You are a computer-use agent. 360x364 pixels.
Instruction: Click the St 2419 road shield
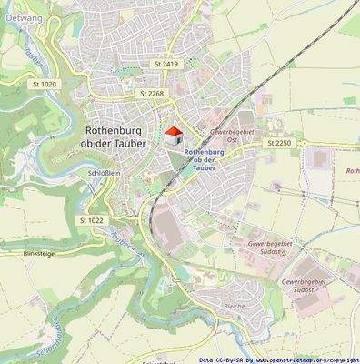point(166,65)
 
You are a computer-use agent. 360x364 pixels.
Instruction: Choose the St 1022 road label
point(92,220)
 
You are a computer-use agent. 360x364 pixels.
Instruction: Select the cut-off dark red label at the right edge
point(353,171)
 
